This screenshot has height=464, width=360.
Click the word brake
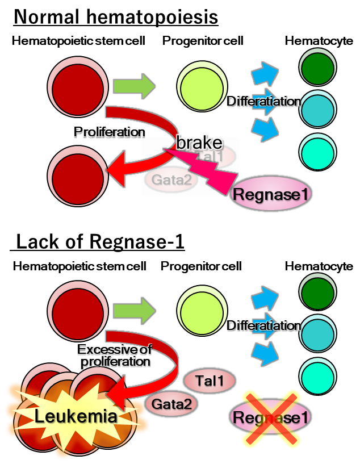199,143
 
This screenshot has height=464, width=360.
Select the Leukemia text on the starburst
76,416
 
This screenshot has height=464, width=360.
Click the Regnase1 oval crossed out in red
271,418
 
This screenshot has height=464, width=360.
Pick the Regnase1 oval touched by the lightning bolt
271,194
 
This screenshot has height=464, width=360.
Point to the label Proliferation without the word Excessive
108,132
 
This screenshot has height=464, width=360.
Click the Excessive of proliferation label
114,356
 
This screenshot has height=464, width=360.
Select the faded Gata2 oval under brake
171,180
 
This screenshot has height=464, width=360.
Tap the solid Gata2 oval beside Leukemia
171,404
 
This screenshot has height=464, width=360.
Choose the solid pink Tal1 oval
210,381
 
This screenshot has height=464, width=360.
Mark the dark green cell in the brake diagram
318,68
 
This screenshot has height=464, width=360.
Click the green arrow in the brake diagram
134,86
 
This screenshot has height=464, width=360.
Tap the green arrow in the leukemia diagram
134,311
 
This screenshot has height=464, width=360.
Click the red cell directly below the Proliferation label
77,177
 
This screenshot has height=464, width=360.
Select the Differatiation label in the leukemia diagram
263,325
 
